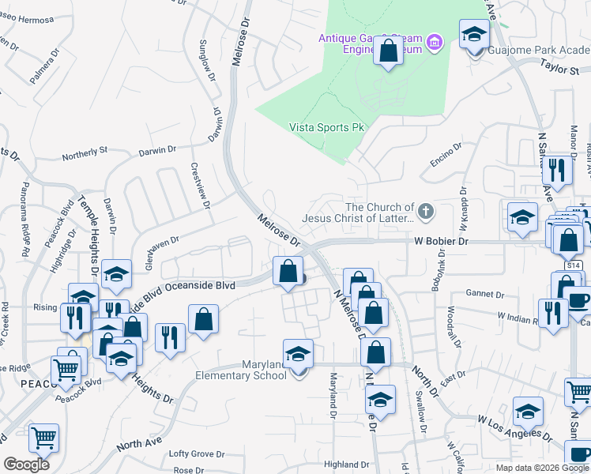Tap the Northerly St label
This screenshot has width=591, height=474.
click(x=85, y=151)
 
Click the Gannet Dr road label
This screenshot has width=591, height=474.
click(x=485, y=294)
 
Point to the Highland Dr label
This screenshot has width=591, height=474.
click(x=347, y=465)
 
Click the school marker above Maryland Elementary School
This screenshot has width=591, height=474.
click(x=298, y=353)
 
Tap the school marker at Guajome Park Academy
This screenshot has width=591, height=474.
click(x=474, y=34)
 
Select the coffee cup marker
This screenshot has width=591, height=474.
click(x=577, y=301)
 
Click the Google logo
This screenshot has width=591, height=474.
click(x=26, y=465)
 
